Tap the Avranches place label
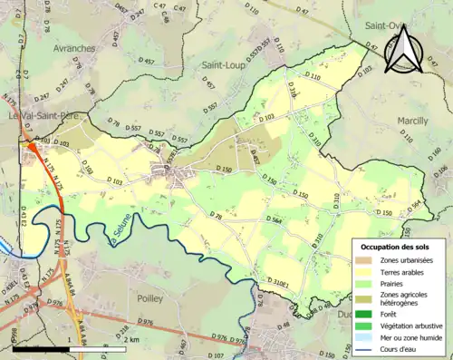coord(74,49)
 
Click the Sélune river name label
coord(120,237)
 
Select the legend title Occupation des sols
coord(395,247)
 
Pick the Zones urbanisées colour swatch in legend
coord(363,261)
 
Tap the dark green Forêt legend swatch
coord(363,313)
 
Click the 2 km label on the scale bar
coord(131,340)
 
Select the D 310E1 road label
coord(283,283)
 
